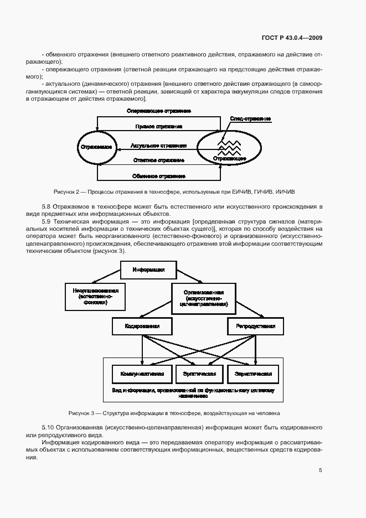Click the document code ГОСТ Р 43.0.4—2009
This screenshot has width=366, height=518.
[x=292, y=38]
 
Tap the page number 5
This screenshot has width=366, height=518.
[x=321, y=470]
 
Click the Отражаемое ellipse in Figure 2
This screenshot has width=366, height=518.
[x=97, y=148]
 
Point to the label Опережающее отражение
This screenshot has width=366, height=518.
[x=159, y=111]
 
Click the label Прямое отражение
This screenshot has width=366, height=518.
[x=159, y=127]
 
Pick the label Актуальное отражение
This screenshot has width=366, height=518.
[x=158, y=146]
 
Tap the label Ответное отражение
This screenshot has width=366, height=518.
[x=159, y=160]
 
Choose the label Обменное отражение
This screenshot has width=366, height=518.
[x=159, y=177]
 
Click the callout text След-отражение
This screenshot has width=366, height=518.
[x=250, y=119]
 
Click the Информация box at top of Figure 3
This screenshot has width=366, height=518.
[x=148, y=270]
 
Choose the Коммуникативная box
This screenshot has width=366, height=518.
[x=142, y=374]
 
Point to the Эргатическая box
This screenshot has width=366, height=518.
[x=199, y=374]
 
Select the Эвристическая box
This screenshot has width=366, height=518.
[x=253, y=374]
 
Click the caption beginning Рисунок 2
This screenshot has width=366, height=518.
[x=174, y=191]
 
